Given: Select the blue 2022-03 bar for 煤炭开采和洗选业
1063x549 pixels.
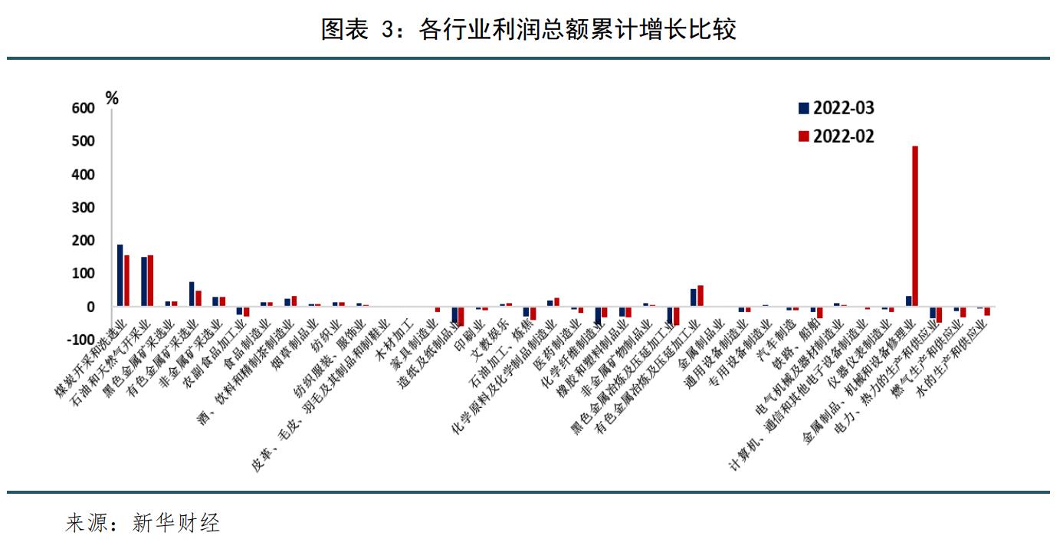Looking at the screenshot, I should click(x=120, y=275).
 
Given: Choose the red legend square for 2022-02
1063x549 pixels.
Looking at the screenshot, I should click(x=803, y=136).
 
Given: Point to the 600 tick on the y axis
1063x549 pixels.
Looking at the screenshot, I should click(x=84, y=109).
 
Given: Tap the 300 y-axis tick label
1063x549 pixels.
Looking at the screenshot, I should click(x=84, y=208).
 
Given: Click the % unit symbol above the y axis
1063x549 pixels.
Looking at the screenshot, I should click(x=112, y=97).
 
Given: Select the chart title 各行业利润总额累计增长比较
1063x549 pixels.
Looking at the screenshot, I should click(x=529, y=29).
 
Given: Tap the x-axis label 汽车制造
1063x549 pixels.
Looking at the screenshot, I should click(x=776, y=337).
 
